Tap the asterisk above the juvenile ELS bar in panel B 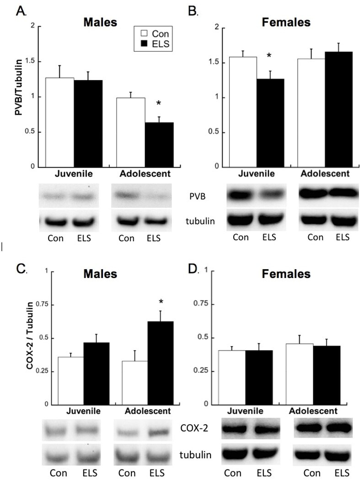(x=269, y=56)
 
